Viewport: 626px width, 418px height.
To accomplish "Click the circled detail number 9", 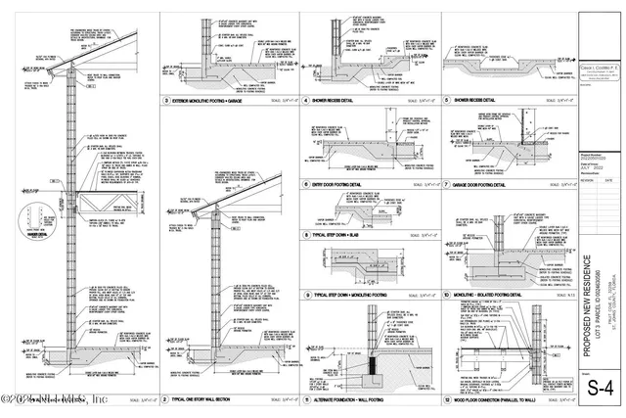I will (x=306, y=295).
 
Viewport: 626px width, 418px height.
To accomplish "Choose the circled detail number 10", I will (x=446, y=295).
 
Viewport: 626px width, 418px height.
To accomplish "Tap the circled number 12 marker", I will (x=446, y=400).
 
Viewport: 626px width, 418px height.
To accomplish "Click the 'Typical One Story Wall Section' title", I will (x=210, y=400).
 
